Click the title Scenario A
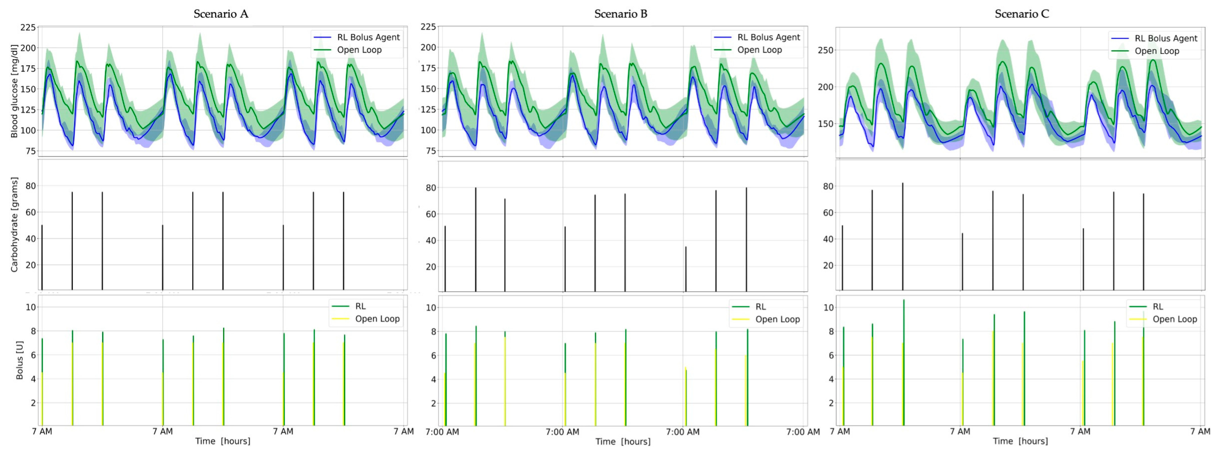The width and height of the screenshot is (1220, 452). coord(221,14)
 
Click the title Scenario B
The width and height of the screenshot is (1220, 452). coord(621,14)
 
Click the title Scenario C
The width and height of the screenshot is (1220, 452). coord(1021,14)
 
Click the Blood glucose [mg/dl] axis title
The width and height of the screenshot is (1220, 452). coord(14,91)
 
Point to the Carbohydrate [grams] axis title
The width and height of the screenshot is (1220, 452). coord(14,225)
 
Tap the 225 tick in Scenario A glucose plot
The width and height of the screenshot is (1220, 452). coord(28,28)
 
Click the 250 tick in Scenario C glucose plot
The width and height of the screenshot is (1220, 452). coord(826,50)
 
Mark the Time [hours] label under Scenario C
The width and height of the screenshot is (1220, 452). coord(1020,441)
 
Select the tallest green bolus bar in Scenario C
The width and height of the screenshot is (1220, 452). coord(904,362)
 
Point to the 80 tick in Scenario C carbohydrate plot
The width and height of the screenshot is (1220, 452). coord(828,187)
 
